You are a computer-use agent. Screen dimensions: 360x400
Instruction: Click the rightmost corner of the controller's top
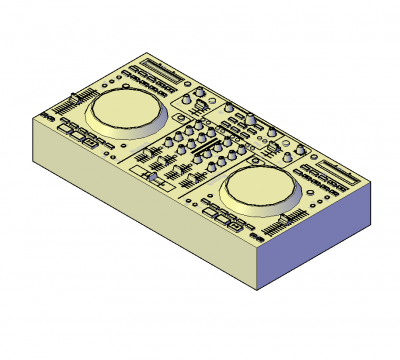(x=372, y=183)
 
